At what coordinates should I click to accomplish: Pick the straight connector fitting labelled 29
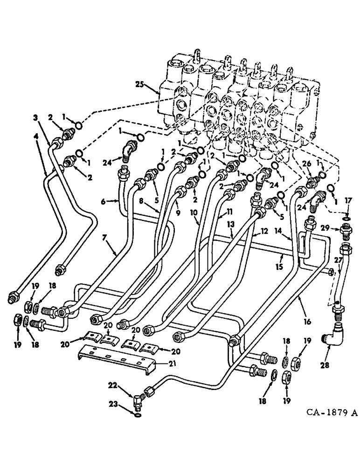(x=346, y=230)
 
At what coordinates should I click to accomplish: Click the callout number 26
(x=306, y=164)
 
